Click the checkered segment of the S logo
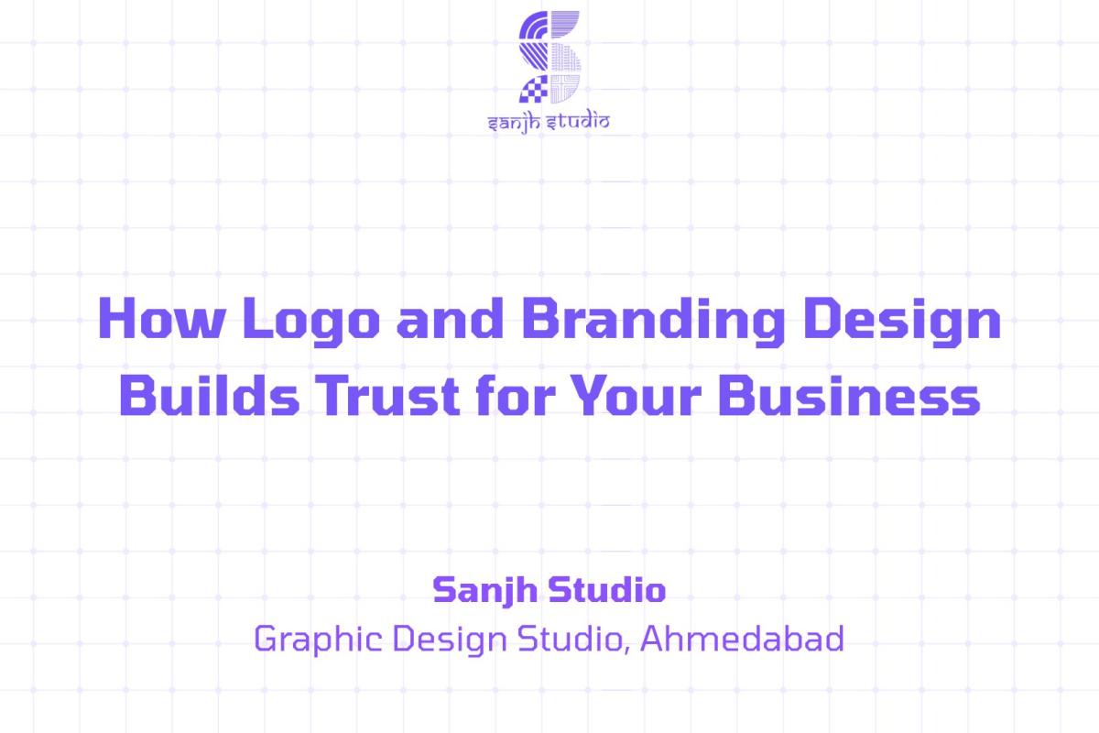pyautogui.click(x=533, y=89)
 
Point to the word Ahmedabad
pyautogui.click(x=741, y=638)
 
